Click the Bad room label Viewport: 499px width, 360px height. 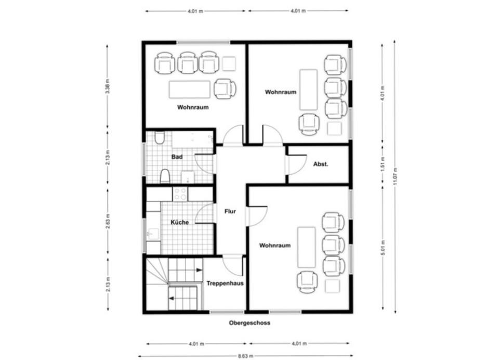[177, 157]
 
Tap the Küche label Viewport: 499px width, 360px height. [180, 222]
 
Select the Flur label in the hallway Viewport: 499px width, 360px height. [230, 211]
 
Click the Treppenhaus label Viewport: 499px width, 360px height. [225, 283]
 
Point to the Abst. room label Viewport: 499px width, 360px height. [321, 164]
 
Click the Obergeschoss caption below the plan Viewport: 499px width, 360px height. [249, 323]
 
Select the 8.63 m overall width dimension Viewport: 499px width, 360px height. [245, 356]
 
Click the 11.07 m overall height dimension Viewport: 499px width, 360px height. [395, 176]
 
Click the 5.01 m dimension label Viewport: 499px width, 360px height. [383, 248]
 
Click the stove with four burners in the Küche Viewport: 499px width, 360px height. [180, 194]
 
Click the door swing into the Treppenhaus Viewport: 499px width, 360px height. [232, 265]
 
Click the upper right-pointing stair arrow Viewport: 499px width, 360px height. [199, 270]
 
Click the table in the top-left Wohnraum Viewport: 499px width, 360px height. [190, 89]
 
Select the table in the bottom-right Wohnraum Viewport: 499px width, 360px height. [307, 247]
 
